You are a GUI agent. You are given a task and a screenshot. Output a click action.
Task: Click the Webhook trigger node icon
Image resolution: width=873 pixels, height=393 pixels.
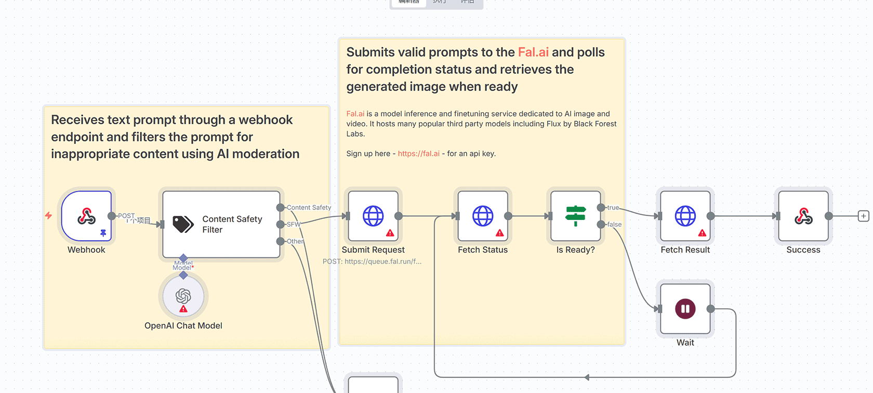pos(86,216)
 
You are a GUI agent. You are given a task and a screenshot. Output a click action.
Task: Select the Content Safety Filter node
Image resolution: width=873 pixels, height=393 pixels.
pos(221,224)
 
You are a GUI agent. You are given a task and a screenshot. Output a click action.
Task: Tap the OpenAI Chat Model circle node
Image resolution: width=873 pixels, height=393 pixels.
pos(183,296)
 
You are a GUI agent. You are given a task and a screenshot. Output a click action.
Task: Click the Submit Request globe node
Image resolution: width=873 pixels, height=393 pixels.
pos(373,216)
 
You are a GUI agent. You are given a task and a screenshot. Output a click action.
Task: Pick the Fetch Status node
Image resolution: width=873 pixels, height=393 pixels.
pos(483,216)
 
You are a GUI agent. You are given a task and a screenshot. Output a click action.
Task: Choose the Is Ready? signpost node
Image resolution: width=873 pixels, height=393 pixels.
pos(575,216)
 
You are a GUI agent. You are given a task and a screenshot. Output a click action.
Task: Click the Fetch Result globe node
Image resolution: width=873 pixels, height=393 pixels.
pos(685,216)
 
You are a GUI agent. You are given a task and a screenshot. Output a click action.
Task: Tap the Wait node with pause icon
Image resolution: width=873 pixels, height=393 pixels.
pos(685,309)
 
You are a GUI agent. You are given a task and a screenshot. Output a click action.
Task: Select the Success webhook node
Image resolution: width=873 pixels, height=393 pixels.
pos(803,216)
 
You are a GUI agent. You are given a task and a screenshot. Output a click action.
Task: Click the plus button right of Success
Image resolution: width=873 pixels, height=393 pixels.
pos(863,216)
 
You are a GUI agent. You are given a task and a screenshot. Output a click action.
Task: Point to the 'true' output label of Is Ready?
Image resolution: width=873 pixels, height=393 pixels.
pos(613,207)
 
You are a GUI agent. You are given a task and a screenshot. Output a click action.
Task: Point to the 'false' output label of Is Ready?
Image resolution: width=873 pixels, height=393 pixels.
pos(614,225)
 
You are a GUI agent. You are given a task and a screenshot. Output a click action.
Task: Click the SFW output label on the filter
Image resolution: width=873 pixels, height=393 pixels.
pos(294,225)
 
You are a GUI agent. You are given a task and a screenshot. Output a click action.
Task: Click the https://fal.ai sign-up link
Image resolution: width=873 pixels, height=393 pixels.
pos(418,154)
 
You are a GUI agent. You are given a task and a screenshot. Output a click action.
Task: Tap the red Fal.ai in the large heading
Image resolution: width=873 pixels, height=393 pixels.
pos(533,53)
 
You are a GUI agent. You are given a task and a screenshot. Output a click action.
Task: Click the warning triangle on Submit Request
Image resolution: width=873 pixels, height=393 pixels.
pos(390,233)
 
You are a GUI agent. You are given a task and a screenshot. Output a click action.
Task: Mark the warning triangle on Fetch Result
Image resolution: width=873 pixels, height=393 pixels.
pos(702,233)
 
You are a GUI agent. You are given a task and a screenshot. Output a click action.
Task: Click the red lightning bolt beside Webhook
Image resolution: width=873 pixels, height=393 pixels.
pos(48,215)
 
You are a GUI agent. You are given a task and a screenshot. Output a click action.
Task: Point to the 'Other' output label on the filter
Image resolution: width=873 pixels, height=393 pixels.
pos(295,241)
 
